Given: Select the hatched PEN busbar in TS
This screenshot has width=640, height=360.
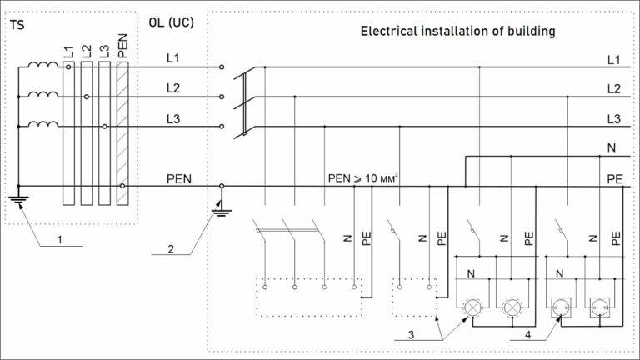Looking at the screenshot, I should [x=122, y=133].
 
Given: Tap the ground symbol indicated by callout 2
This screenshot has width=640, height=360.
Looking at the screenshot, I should [x=221, y=209].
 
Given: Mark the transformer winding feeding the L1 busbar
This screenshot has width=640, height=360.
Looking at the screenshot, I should [x=38, y=66].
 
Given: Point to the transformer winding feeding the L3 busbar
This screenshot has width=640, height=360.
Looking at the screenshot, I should [x=38, y=125].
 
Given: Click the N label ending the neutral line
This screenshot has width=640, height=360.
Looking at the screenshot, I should [x=612, y=147].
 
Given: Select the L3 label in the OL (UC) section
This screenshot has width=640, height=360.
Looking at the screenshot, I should [x=173, y=119].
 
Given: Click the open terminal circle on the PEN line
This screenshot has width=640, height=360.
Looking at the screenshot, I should [x=222, y=186].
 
